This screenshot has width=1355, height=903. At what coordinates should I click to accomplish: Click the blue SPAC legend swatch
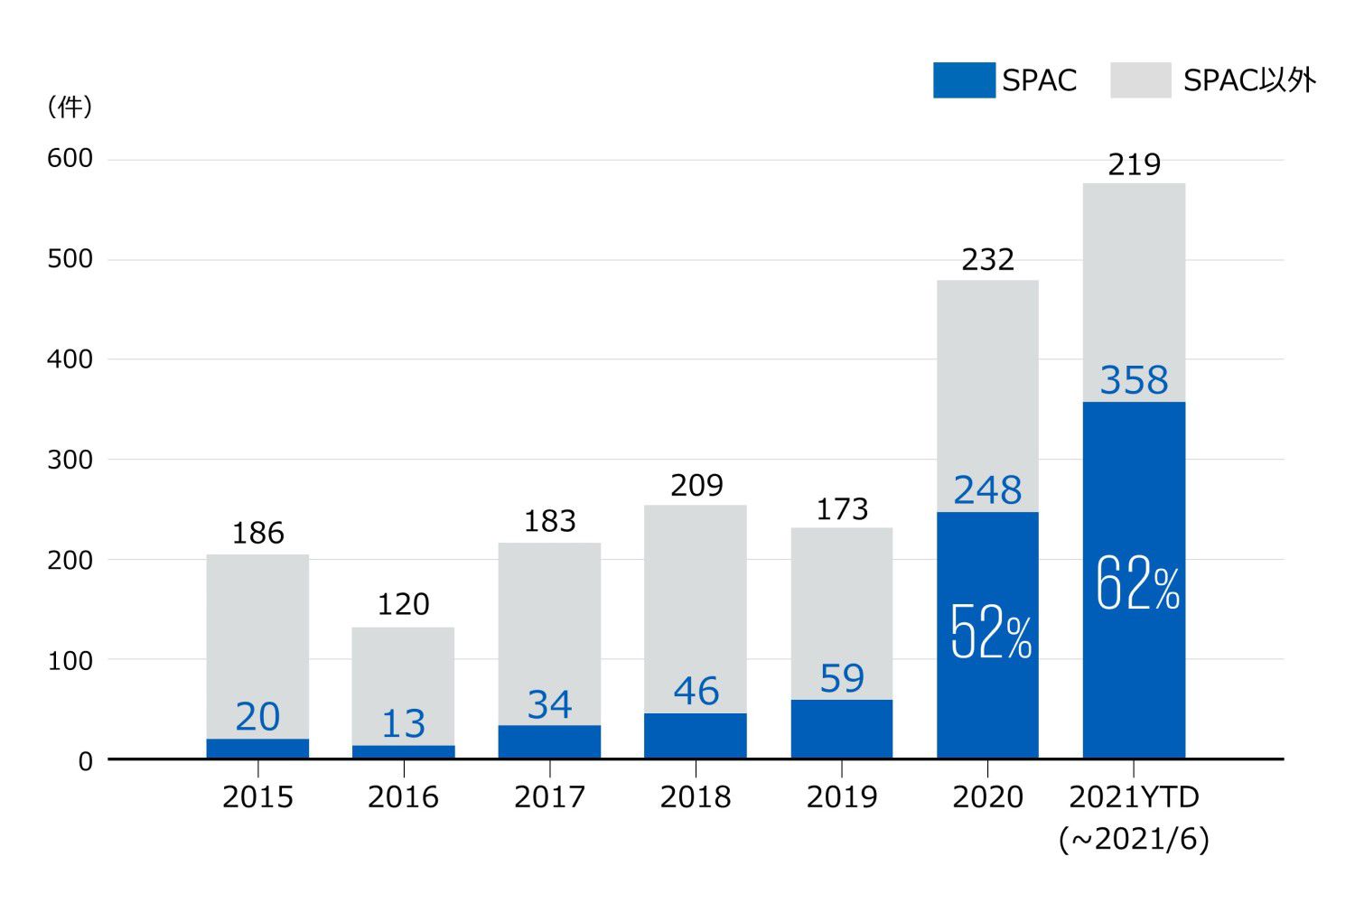[x=963, y=80]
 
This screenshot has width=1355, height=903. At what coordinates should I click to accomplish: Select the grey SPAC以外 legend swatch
[x=1140, y=80]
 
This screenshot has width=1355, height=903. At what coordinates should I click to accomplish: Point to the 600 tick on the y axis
[x=70, y=159]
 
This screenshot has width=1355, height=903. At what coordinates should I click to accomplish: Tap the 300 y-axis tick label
[x=70, y=460]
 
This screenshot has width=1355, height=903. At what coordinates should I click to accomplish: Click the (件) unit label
[x=70, y=107]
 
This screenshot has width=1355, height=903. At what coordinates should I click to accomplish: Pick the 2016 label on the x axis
[x=403, y=797]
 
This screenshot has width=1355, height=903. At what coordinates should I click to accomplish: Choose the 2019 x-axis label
[x=842, y=797]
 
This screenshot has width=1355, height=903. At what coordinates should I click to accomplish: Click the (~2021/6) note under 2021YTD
[x=1134, y=839]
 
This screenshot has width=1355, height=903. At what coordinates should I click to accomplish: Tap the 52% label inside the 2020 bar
[x=990, y=632]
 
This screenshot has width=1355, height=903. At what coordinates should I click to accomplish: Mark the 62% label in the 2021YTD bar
[x=1136, y=583]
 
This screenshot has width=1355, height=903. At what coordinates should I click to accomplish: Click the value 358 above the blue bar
[x=1134, y=380]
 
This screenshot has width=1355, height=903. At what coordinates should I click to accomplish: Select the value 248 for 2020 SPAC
[x=987, y=490]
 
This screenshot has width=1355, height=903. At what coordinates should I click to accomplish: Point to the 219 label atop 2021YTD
[x=1134, y=164]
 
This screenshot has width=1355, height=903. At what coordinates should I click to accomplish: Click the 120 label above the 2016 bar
[x=403, y=604]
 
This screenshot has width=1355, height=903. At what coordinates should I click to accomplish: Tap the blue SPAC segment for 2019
[x=842, y=729]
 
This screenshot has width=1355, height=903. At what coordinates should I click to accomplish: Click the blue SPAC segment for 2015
[x=257, y=749]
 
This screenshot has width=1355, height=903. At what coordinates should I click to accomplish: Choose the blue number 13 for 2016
[x=403, y=724]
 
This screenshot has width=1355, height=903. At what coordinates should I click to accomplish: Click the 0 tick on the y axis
[x=85, y=761]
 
